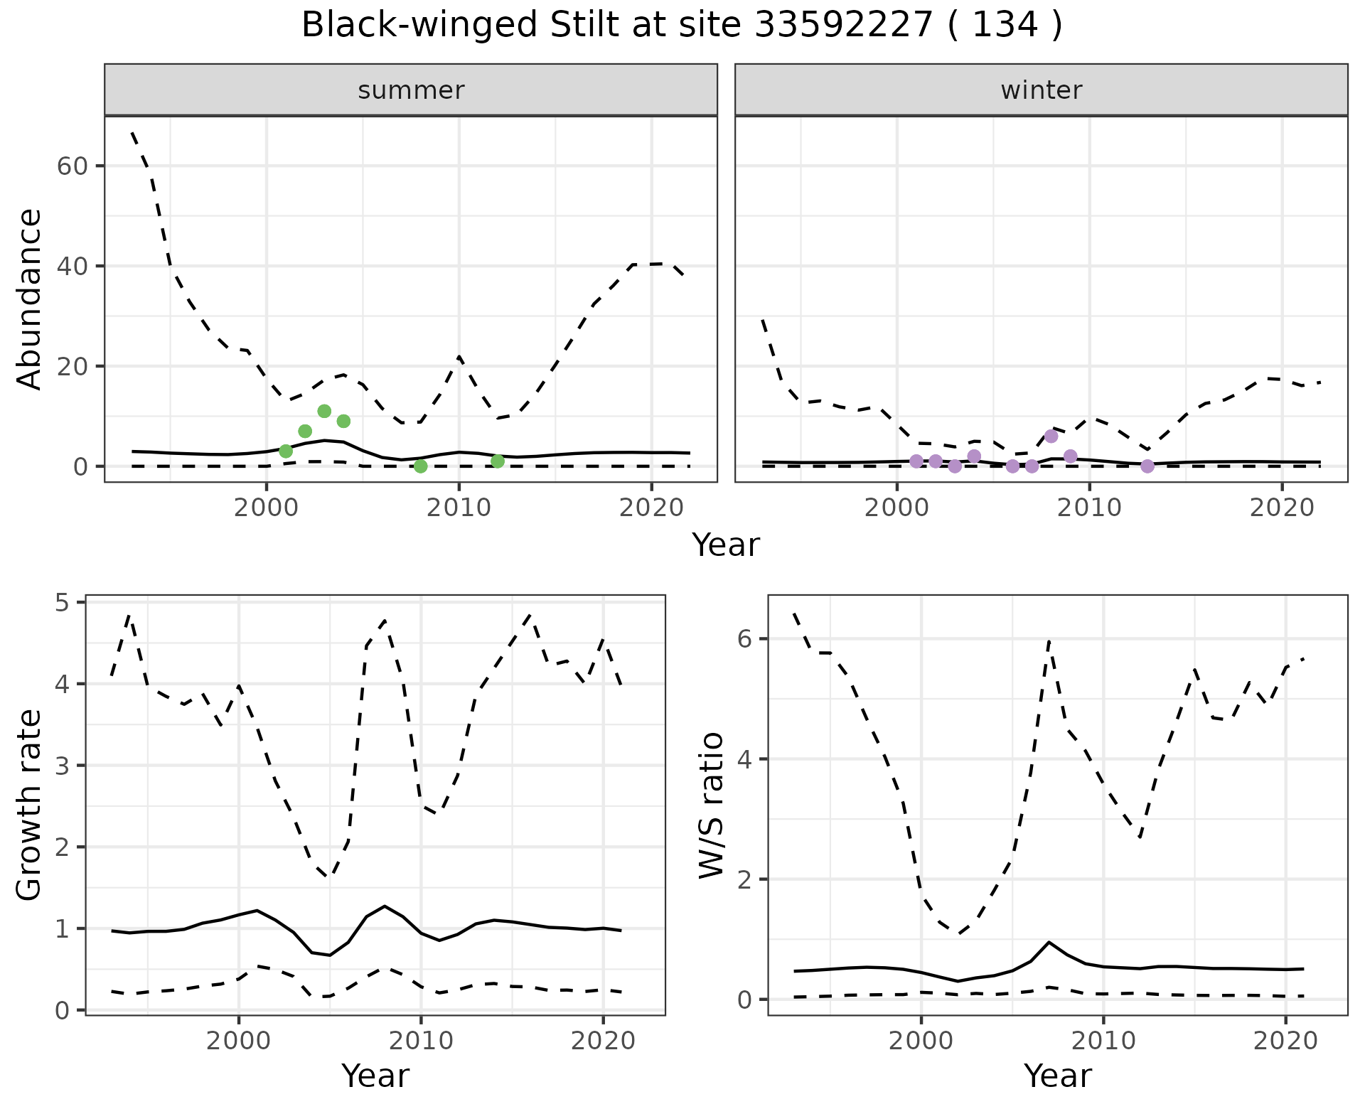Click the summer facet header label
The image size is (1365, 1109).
tap(411, 90)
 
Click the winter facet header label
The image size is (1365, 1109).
tap(1041, 90)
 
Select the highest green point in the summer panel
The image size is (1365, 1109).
tap(324, 411)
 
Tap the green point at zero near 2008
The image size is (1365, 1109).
tap(420, 466)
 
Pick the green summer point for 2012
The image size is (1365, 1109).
tap(498, 461)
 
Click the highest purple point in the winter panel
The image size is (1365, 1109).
tap(1051, 436)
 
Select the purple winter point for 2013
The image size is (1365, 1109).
tap(1147, 466)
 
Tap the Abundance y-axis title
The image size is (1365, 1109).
tap(30, 299)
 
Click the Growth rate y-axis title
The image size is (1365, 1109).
tap(30, 805)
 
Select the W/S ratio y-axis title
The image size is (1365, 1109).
tap(712, 805)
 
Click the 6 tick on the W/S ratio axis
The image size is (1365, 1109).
tap(744, 639)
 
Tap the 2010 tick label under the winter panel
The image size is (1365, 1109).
tap(1089, 508)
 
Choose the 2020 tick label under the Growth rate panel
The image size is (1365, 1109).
tap(603, 1041)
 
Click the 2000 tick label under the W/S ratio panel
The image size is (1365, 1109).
tap(921, 1041)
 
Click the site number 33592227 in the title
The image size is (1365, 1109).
tap(842, 26)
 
